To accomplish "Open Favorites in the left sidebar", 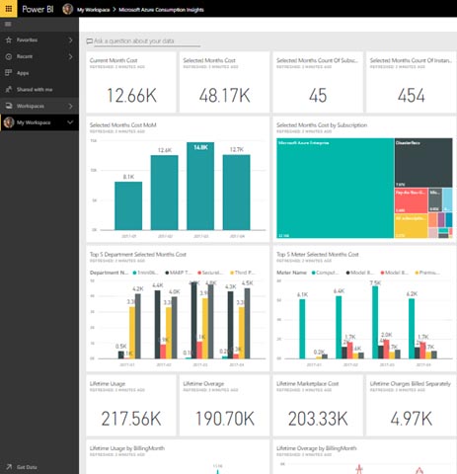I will click(x=28, y=40).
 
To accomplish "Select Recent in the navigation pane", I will click(x=25, y=56).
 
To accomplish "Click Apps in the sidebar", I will click(x=22, y=73).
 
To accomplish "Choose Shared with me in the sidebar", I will click(x=34, y=89).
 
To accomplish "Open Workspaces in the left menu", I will click(x=31, y=106).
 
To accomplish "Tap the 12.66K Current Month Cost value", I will click(x=130, y=95).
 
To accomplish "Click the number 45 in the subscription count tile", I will click(x=317, y=95).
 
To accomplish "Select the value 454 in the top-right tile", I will click(x=411, y=95).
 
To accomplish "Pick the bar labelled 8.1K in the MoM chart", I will click(x=128, y=204).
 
